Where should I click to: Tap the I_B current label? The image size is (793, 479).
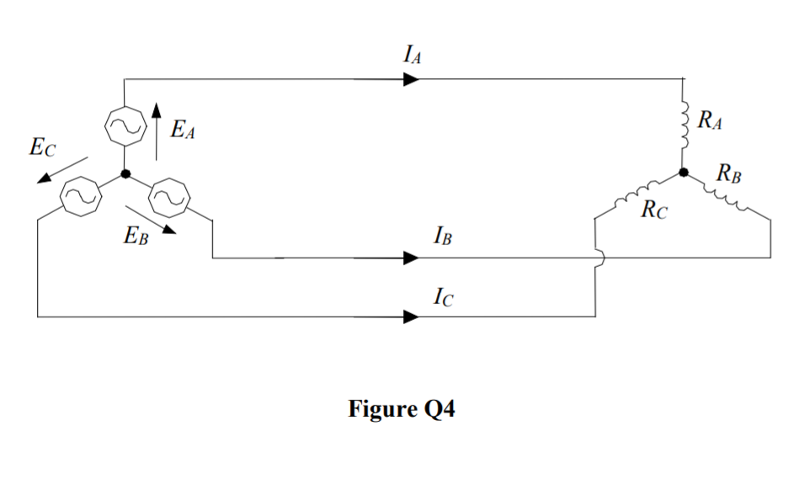(x=441, y=237)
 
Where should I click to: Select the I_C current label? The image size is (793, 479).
(x=441, y=296)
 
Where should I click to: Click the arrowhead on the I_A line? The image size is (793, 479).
(x=411, y=79)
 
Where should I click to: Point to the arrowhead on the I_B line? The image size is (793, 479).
(x=411, y=258)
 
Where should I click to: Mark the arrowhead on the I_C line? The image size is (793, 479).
(x=411, y=317)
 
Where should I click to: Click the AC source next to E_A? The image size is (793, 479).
(x=125, y=126)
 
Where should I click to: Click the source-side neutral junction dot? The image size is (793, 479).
(x=125, y=174)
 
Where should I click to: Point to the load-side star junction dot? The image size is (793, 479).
(x=684, y=173)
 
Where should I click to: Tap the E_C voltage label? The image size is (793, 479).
(x=42, y=149)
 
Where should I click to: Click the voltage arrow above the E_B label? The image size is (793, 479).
(x=152, y=216)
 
